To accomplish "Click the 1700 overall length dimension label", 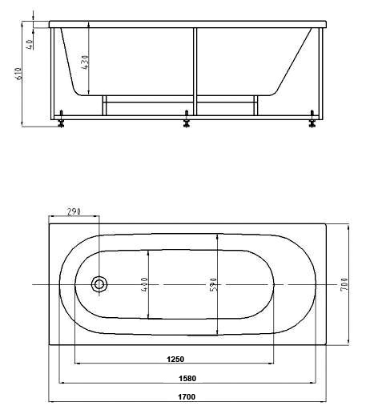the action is pyautogui.click(x=187, y=397).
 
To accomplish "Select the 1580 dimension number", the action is pyautogui.click(x=187, y=379).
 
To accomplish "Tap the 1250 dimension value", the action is pyautogui.click(x=175, y=359).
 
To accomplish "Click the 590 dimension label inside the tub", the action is pyautogui.click(x=214, y=284).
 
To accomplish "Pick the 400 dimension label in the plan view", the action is pyautogui.click(x=144, y=284).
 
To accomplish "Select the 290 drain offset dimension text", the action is pyautogui.click(x=74, y=211).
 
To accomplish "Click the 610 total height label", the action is pyautogui.click(x=18, y=74).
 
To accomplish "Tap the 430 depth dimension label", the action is pyautogui.click(x=85, y=62).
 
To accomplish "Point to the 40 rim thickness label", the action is pyautogui.click(x=30, y=44).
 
